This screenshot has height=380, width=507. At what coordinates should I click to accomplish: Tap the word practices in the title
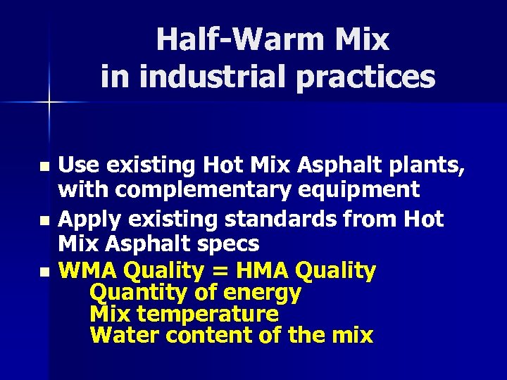tap(366, 77)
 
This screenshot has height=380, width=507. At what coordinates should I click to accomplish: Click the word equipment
tap(367, 190)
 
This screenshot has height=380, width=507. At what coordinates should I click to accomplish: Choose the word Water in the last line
tap(125, 335)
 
